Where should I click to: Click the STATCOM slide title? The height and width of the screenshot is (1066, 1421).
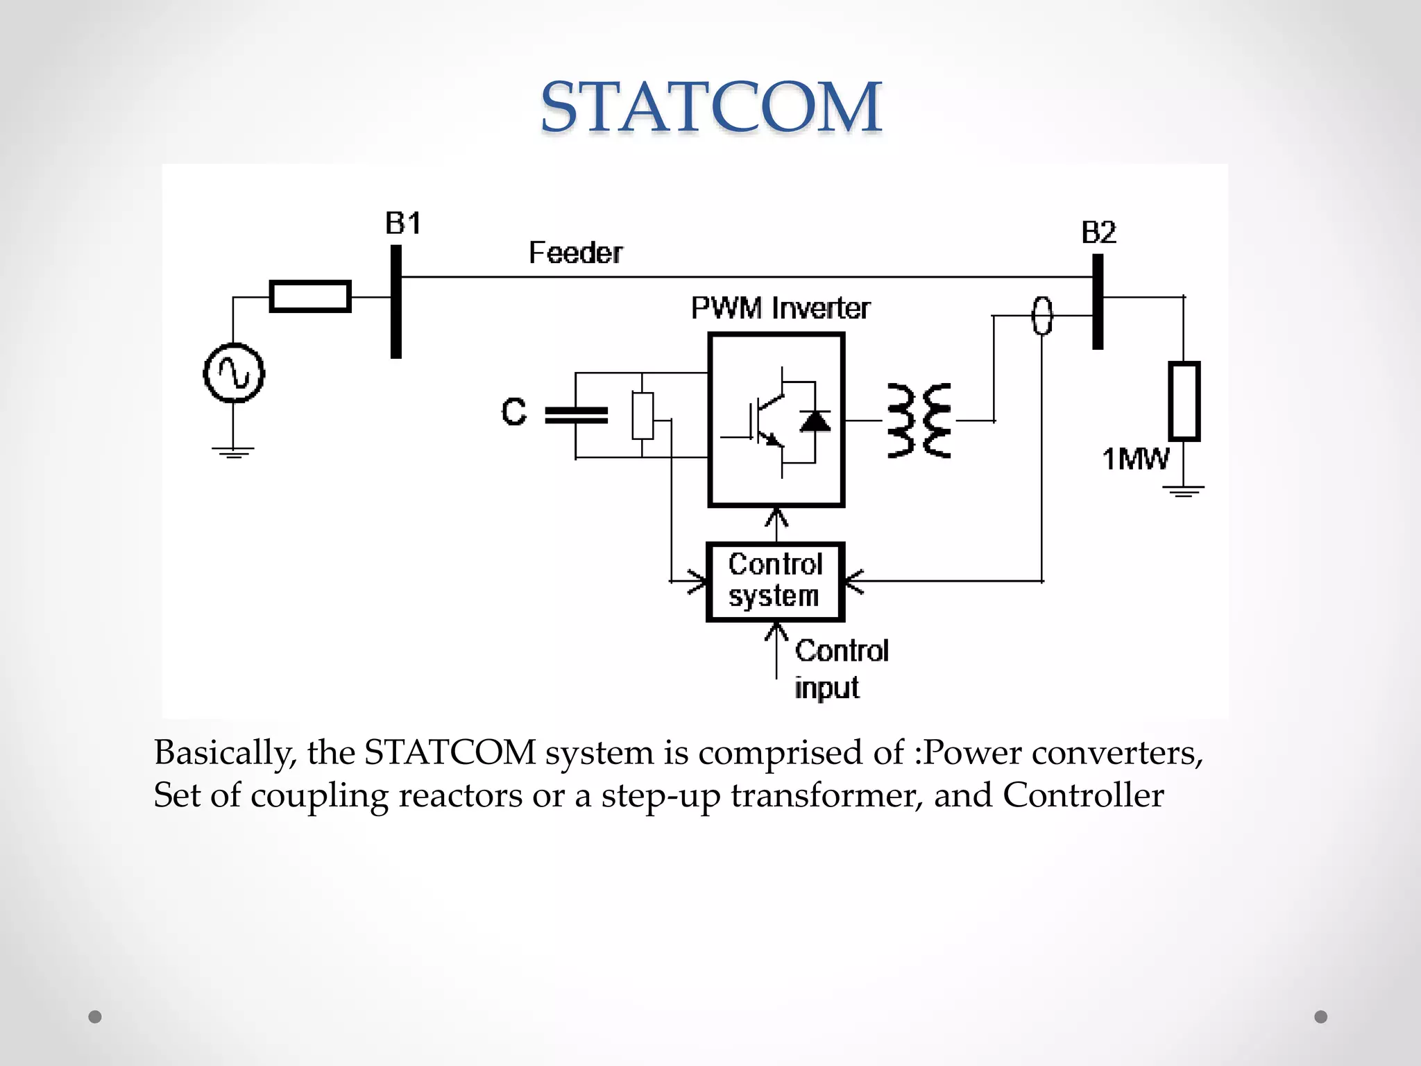(x=710, y=107)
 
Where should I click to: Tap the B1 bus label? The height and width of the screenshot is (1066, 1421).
(x=402, y=223)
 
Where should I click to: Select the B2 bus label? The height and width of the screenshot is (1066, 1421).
(x=1098, y=232)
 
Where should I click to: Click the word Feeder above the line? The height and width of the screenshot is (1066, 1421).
(x=575, y=253)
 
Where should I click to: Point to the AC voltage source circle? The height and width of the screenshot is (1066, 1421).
(x=234, y=373)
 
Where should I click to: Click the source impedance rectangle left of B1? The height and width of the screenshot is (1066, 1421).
(x=310, y=296)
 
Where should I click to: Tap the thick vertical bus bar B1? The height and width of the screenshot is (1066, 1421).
(x=396, y=302)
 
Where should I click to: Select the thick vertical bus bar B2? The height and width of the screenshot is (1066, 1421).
(x=1098, y=302)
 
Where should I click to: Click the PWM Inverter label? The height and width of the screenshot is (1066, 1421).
(x=780, y=308)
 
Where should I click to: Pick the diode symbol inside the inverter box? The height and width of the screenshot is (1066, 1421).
(x=815, y=421)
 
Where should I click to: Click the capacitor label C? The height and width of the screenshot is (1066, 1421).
(x=514, y=412)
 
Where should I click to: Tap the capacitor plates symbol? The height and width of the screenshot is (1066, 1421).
(x=576, y=415)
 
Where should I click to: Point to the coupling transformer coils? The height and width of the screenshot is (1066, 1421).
(x=919, y=421)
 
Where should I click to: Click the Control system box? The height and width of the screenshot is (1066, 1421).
(x=775, y=581)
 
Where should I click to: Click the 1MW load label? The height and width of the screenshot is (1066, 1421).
(x=1135, y=459)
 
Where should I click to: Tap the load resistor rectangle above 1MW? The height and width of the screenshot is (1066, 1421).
(x=1184, y=401)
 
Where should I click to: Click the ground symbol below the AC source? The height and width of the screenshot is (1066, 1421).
(x=233, y=452)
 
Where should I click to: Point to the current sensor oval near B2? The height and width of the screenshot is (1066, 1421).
(x=1042, y=316)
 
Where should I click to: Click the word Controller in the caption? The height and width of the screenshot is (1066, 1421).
(x=1083, y=795)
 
